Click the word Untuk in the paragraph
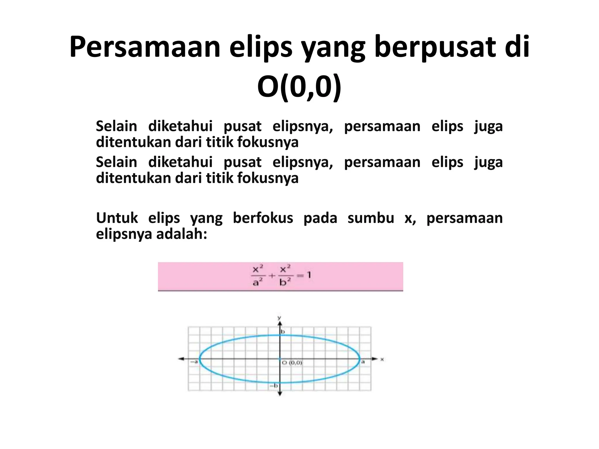click(117, 218)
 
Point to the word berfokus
click(263, 218)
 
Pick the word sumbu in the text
click(371, 218)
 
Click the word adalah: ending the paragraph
click(181, 234)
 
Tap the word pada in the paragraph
click(320, 218)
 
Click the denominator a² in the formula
click(257, 282)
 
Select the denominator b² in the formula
click(285, 282)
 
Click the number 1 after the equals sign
click(309, 275)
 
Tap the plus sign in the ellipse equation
click(272, 275)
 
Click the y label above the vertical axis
click(279, 318)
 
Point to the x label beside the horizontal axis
click(382, 359)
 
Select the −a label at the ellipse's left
click(194, 362)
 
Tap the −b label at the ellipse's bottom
click(274, 386)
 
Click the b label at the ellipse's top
click(283, 332)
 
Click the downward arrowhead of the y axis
click(280, 394)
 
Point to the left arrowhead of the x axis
click(181, 359)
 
